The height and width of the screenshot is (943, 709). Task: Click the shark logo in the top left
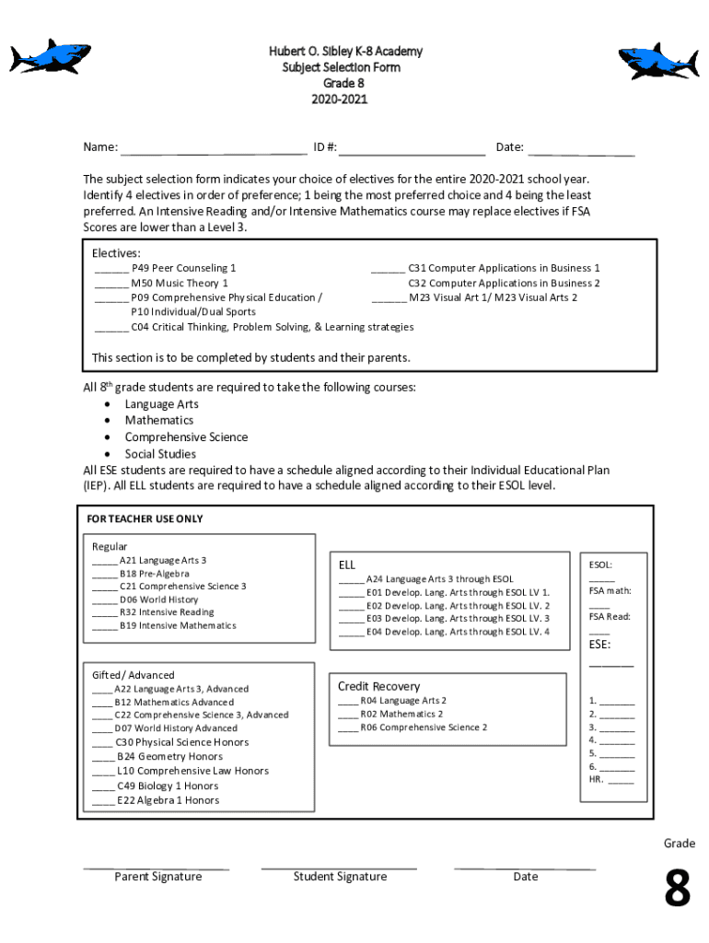51,57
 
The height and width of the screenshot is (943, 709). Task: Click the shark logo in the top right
657,62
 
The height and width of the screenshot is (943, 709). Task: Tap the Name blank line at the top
214,148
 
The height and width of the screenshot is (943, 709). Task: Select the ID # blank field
412,148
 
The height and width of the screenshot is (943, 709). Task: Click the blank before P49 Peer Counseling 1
111,269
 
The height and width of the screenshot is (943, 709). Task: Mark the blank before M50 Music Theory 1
111,284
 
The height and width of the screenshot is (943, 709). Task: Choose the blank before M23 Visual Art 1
388,298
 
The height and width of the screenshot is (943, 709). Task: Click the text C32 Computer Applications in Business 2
504,284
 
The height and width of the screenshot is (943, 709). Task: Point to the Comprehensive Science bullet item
186,437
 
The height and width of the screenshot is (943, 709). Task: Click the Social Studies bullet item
160,454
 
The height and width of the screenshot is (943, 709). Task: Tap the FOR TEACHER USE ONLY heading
145,519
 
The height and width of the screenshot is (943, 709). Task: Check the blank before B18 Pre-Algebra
104,574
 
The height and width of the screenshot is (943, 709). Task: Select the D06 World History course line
158,600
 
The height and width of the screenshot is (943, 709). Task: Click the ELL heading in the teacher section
346,565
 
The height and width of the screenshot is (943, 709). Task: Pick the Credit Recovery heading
378,686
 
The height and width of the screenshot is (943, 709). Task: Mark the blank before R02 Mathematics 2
347,715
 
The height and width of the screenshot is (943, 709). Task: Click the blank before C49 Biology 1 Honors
103,786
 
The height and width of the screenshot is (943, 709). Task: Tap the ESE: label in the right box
599,645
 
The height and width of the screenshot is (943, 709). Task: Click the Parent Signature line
157,867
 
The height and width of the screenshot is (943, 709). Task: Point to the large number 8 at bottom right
677,891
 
